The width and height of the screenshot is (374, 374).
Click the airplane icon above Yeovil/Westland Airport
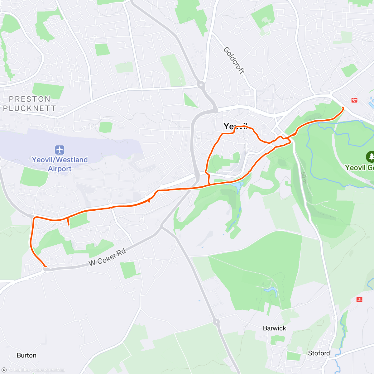point(60,150)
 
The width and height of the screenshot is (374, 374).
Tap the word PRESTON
point(30,99)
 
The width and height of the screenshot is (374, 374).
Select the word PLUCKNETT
point(30,108)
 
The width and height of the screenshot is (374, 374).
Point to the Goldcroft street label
point(234,60)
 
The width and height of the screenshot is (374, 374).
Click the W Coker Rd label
point(107,257)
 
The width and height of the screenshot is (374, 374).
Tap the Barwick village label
point(274,328)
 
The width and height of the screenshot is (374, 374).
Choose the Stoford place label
point(319,353)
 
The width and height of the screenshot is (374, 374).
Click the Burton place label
point(26,355)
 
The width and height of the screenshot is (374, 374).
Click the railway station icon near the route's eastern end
point(354,100)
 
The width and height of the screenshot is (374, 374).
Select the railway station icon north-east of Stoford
point(359,300)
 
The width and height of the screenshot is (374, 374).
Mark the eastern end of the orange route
point(343,108)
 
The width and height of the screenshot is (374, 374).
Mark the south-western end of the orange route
point(46,266)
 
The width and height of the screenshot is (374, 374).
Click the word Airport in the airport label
point(60,169)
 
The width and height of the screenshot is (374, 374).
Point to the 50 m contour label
point(304,178)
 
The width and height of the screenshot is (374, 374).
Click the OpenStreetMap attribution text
point(50,370)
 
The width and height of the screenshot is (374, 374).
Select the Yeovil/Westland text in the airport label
point(60,160)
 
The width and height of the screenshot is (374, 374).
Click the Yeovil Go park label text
point(359,168)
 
